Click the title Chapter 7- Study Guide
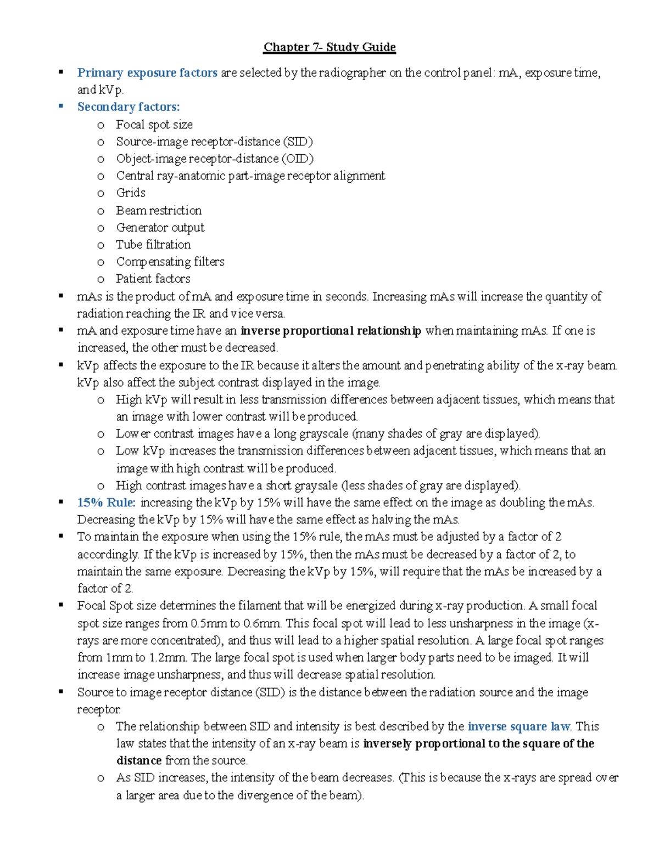pos(329,47)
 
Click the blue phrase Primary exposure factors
pos(147,73)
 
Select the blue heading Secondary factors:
pos(129,107)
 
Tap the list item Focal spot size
pos(154,125)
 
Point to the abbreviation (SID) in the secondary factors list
pos(298,142)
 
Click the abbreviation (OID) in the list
pos(298,159)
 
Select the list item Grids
pos(131,193)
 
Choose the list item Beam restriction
pos(159,210)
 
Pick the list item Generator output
pos(160,227)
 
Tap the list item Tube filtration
pos(153,244)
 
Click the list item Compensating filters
pos(170,262)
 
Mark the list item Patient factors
pos(153,279)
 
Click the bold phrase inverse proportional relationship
pos(331,331)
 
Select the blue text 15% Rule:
pos(107,503)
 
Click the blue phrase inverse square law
pos(519,726)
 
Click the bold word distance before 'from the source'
pos(139,760)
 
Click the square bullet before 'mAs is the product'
pos(62,296)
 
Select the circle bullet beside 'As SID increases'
pos(100,778)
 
